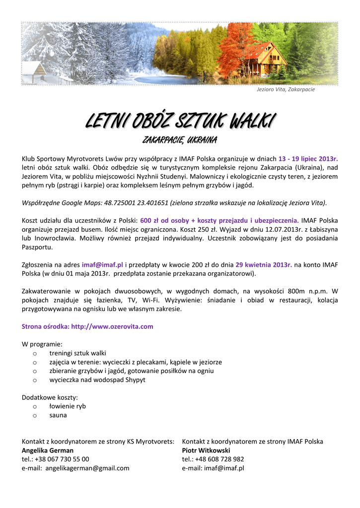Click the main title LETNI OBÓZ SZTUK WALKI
click(x=180, y=120)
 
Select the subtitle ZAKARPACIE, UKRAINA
click(x=180, y=140)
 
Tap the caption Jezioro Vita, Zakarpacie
click(x=286, y=89)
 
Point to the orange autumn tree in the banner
click(x=233, y=50)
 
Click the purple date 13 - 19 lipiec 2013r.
click(x=308, y=159)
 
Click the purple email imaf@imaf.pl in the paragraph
click(x=102, y=265)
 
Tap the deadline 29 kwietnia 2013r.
click(x=264, y=265)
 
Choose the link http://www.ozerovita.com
click(x=112, y=326)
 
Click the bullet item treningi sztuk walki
click(x=77, y=353)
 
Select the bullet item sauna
click(x=58, y=415)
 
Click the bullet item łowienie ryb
click(x=68, y=406)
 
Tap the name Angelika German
click(x=48, y=450)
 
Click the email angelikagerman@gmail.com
click(x=87, y=468)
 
